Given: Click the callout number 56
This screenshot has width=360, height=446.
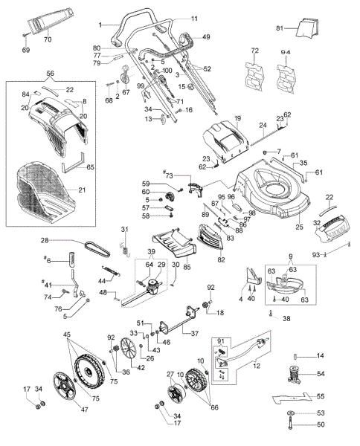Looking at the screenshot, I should click(x=51, y=74).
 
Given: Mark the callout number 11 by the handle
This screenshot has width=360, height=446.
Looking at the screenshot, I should click(x=195, y=18).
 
